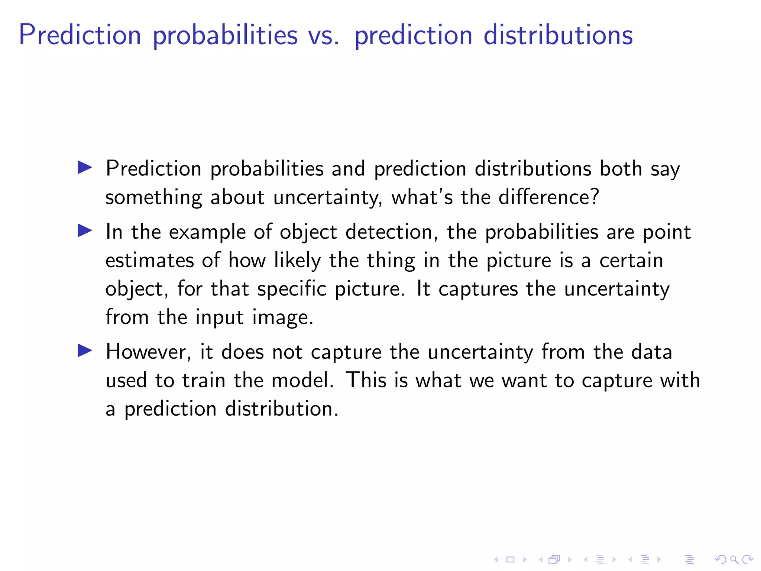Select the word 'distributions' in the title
click(x=558, y=35)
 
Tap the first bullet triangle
click(x=85, y=168)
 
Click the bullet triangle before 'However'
click(x=85, y=351)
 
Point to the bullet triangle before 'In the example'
click(x=85, y=231)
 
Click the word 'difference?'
click(x=548, y=197)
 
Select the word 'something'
click(x=153, y=197)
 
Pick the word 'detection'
click(x=389, y=232)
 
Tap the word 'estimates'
click(x=149, y=260)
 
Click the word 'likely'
click(x=297, y=260)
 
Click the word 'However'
click(x=148, y=352)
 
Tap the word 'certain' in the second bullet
click(x=631, y=260)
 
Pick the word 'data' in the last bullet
click(x=651, y=352)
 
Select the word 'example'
click(x=207, y=232)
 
